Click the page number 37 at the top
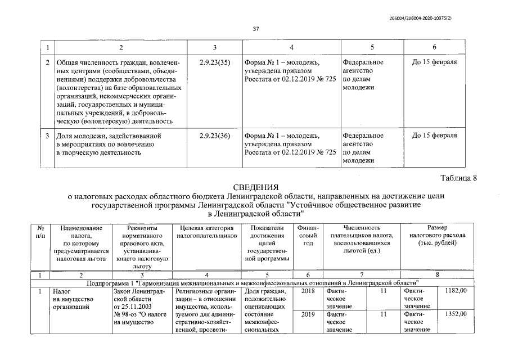[x=255, y=28]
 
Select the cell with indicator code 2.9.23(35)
[x=215, y=62]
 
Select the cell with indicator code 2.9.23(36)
[x=215, y=136]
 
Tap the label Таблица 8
[x=459, y=178]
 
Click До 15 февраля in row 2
[x=434, y=62]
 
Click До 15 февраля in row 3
[x=434, y=136]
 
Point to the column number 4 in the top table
[x=291, y=46]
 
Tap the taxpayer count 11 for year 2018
[x=384, y=291]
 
